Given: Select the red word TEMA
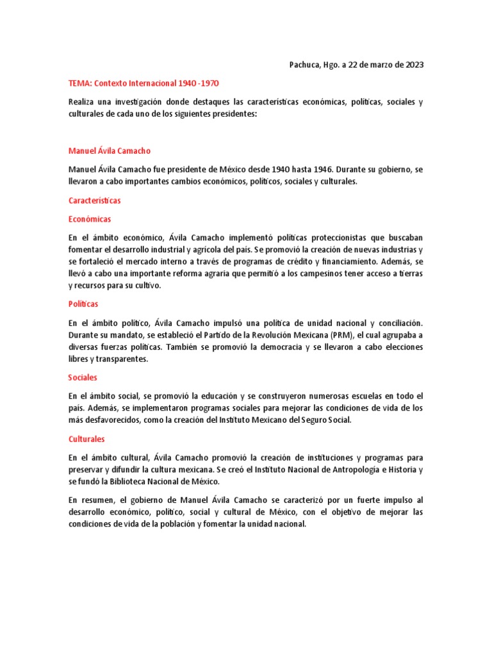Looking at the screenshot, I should point(79,83).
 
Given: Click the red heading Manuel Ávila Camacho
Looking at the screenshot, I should point(110,151).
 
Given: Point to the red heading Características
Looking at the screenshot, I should point(95,201).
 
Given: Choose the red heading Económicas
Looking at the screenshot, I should point(90,218).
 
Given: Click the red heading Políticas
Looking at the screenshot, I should point(83,304).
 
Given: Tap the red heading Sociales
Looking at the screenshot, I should point(83,378).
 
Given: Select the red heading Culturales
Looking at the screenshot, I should point(86,439).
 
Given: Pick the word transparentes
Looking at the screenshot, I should point(124,359).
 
